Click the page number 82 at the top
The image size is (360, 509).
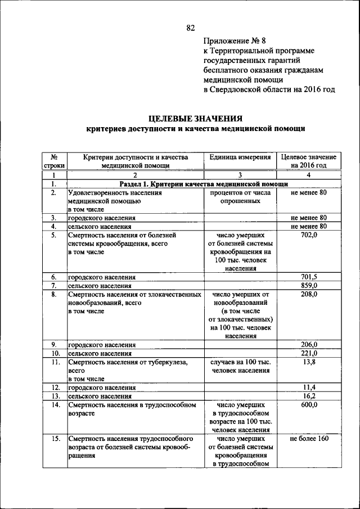tap(190, 28)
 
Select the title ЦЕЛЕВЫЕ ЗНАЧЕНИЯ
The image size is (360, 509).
tap(196, 118)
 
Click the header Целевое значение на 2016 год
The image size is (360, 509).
tap(309, 161)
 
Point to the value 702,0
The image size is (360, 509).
tap(309, 235)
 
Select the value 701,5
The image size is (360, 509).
tap(309, 277)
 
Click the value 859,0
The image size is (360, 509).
tap(309, 285)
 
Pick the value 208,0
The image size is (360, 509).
tap(309, 294)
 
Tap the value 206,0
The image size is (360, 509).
tap(309, 344)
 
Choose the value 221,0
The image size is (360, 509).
tap(309, 353)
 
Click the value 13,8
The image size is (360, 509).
tap(309, 362)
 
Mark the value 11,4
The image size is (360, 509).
tap(309, 388)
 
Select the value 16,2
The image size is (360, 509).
tap(309, 396)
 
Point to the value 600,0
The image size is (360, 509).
tap(309, 404)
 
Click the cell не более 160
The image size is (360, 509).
tap(309, 438)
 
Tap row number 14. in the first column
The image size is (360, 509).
tap(55, 404)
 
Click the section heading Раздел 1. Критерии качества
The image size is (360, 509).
tap(204, 184)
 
